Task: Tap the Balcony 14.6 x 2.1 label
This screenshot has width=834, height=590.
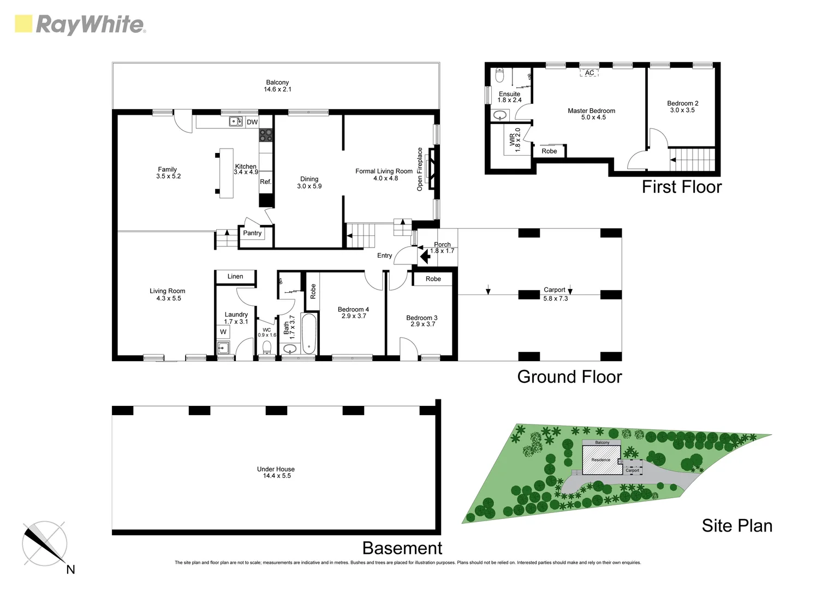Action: (277, 86)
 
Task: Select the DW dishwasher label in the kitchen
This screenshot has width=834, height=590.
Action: (252, 122)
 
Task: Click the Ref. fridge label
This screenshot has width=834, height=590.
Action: (265, 182)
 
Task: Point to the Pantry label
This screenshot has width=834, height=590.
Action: (252, 233)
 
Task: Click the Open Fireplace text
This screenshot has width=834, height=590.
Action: (420, 169)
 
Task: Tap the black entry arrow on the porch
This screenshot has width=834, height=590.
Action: (424, 255)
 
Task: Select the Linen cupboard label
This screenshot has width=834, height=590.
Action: (235, 276)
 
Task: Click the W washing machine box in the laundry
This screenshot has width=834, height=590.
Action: (223, 332)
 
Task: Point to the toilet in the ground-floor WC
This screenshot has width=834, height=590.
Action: (267, 347)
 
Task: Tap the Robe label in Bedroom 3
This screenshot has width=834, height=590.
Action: (433, 279)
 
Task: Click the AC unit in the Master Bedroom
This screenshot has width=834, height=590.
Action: (589, 73)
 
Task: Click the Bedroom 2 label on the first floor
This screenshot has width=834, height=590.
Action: (682, 107)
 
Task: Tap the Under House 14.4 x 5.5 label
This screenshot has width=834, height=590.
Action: (276, 473)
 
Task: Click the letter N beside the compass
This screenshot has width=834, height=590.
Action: (70, 570)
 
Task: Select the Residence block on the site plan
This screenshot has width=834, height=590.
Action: (601, 460)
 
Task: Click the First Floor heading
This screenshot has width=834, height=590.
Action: (681, 187)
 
